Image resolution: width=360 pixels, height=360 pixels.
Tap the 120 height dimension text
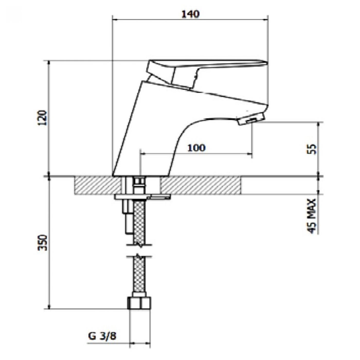point(42,118)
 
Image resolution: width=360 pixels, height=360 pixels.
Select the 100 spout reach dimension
point(196,148)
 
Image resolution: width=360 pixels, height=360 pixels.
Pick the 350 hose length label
point(42,243)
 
